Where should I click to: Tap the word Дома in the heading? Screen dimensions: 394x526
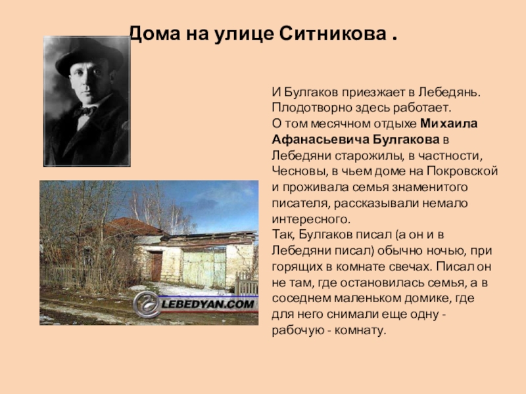coord(149,33)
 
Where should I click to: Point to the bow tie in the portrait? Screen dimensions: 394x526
coord(84,111)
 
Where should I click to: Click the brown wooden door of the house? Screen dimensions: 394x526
coord(156,266)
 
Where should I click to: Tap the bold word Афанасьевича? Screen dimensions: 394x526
coord(310,139)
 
